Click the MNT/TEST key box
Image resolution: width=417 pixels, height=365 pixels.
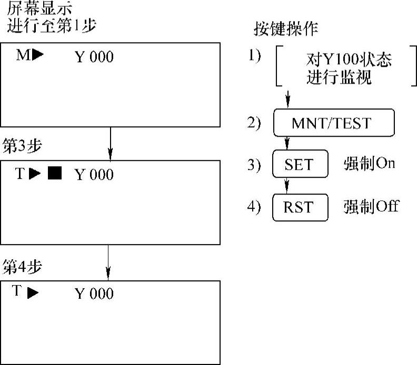click(x=334, y=123)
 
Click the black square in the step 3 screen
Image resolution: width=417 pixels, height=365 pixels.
click(x=54, y=174)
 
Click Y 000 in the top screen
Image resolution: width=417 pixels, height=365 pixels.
click(x=94, y=57)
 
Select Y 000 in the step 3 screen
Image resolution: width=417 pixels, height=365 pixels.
click(x=94, y=175)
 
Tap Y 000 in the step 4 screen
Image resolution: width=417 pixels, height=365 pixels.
click(x=94, y=293)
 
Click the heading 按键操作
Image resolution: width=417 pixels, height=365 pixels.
click(x=287, y=29)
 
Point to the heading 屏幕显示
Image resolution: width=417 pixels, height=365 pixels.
click(x=40, y=8)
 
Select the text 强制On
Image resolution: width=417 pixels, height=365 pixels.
click(x=369, y=164)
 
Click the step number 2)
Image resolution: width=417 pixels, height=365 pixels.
click(x=254, y=123)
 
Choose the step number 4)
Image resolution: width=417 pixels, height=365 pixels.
click(x=254, y=207)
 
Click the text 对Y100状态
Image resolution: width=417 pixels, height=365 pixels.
click(x=349, y=59)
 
